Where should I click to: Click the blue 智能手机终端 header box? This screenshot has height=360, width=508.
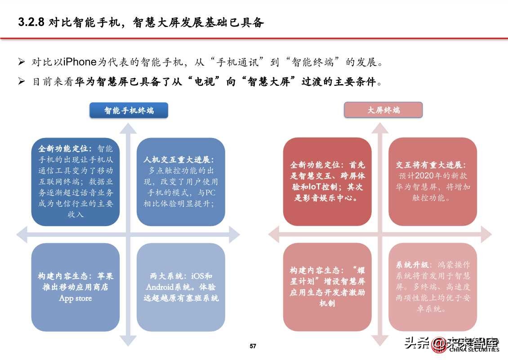[129, 110]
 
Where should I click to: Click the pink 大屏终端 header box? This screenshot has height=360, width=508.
[383, 110]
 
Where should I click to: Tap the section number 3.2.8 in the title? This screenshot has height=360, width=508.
[31, 23]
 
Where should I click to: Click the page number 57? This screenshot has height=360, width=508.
[253, 346]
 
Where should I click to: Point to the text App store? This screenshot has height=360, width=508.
[75, 298]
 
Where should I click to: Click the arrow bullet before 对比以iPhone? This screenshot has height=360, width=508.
[21, 62]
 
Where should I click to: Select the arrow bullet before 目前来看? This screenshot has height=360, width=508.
[21, 82]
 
